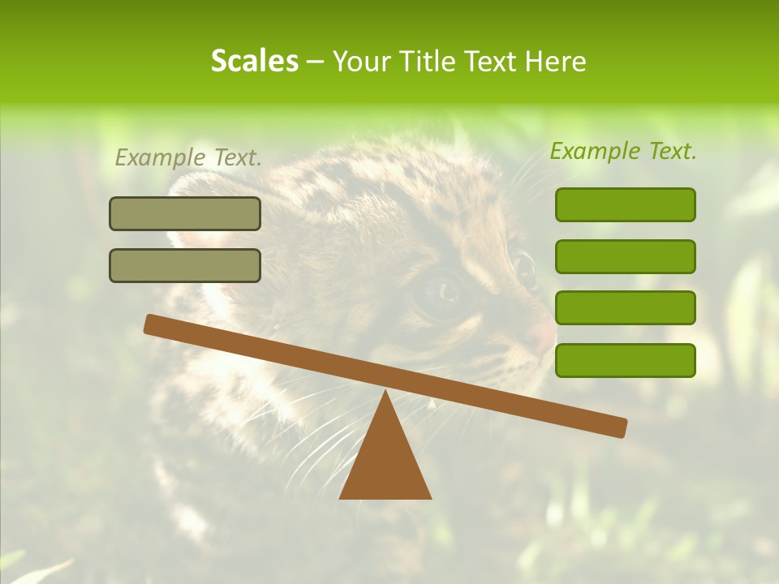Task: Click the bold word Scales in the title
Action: pyautogui.click(x=254, y=61)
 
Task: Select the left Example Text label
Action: pyautogui.click(x=188, y=157)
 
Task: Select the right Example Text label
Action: pyautogui.click(x=623, y=151)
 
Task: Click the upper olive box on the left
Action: pyautogui.click(x=185, y=213)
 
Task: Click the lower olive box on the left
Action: pyautogui.click(x=185, y=265)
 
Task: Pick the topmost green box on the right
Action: pyautogui.click(x=625, y=204)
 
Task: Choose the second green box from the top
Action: pyautogui.click(x=625, y=256)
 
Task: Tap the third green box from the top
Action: pyautogui.click(x=625, y=308)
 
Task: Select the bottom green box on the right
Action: pyautogui.click(x=625, y=360)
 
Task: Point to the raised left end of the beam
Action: pyautogui.click(x=151, y=324)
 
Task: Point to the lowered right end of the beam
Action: pyautogui.click(x=620, y=427)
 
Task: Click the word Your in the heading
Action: pyautogui.click(x=363, y=62)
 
